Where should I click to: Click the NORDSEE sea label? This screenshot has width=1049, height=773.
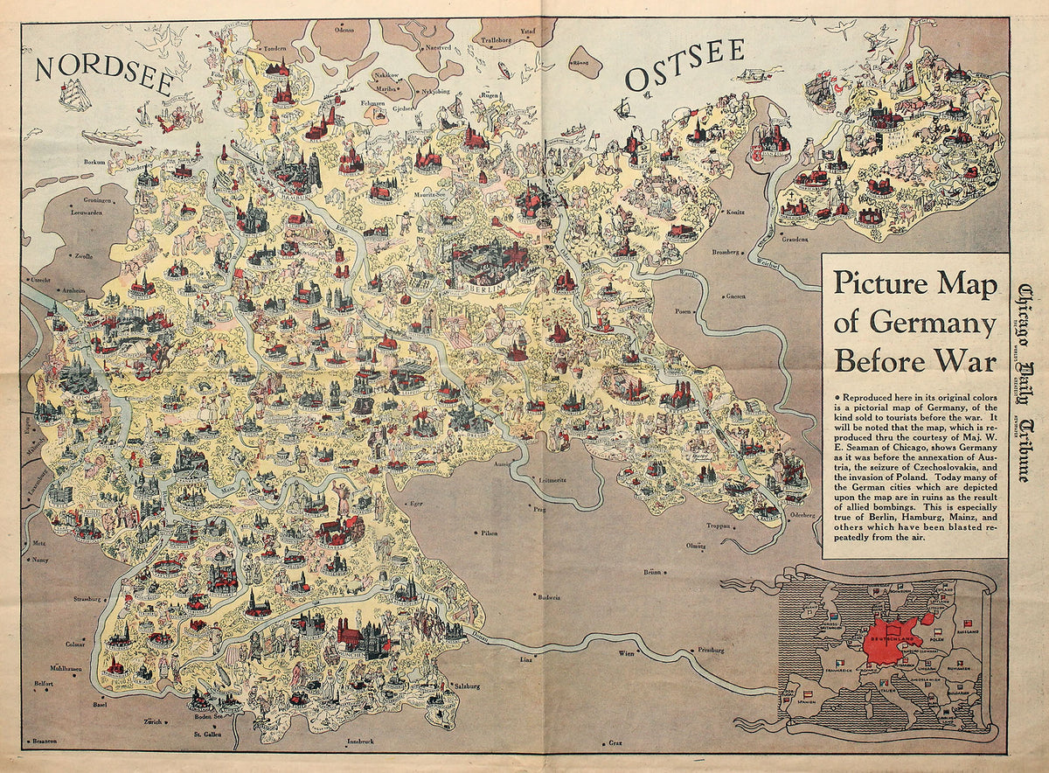click(x=103, y=67)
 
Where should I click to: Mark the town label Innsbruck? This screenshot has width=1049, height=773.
click(x=359, y=742)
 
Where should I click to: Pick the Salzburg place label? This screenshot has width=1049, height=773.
click(x=469, y=686)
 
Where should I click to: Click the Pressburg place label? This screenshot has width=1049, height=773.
click(x=712, y=651)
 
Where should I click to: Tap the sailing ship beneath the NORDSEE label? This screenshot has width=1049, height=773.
click(x=75, y=94)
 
